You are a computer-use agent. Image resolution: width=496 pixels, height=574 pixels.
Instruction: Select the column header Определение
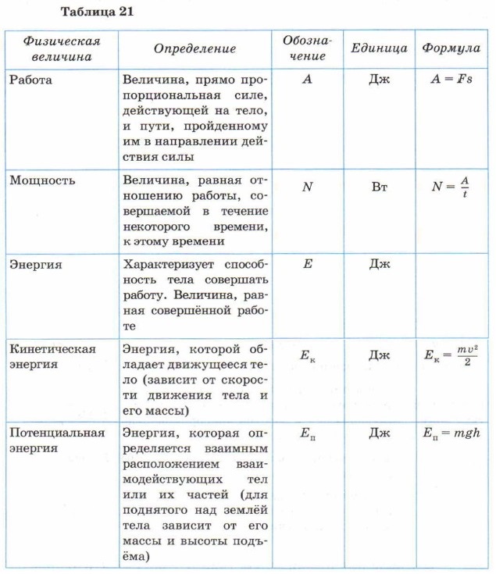point(194,48)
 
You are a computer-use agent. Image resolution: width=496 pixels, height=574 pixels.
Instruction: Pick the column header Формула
point(451,48)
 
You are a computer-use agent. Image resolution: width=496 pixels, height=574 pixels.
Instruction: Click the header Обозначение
point(306,48)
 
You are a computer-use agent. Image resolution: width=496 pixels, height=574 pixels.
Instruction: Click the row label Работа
point(32,80)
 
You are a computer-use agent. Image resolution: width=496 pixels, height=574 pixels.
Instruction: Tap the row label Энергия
point(37,265)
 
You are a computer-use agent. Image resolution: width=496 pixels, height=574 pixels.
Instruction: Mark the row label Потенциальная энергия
point(57,440)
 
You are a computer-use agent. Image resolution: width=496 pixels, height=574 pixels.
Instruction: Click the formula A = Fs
point(451,80)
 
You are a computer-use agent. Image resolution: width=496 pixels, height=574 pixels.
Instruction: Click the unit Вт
point(380,187)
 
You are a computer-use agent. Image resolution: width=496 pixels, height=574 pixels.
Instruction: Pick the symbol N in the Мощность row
point(306,187)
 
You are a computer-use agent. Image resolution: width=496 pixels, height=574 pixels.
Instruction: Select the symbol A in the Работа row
point(306,80)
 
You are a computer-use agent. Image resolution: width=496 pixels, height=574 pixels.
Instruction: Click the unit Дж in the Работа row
point(380,80)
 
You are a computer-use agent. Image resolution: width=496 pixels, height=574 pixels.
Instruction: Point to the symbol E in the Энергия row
point(307,264)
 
